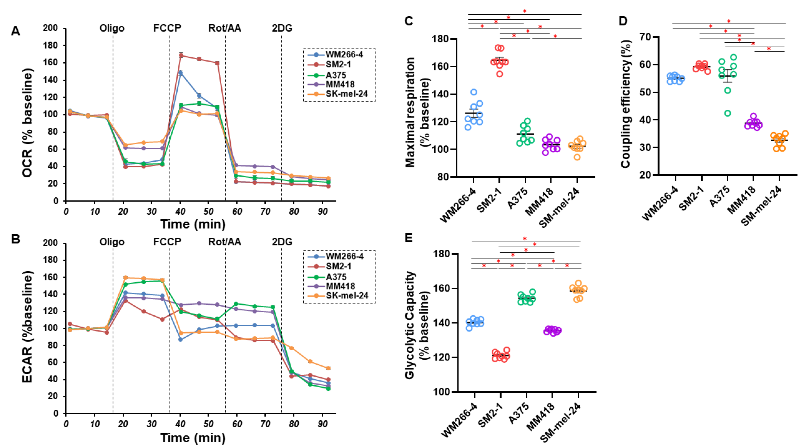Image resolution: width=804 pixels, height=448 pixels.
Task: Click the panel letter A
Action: (x=15, y=31)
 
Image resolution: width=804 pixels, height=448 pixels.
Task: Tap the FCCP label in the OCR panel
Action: (x=167, y=28)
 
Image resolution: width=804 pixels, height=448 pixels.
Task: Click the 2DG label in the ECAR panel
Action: (x=282, y=242)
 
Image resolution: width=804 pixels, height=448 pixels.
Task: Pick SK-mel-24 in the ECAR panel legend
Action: (x=347, y=296)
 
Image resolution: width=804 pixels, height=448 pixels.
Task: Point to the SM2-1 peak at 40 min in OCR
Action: (x=181, y=55)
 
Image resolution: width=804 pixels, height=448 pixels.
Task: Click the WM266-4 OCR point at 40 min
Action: (x=180, y=73)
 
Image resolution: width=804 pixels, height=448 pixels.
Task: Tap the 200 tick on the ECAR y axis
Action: (x=50, y=243)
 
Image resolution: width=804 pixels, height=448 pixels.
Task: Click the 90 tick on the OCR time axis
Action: (x=322, y=211)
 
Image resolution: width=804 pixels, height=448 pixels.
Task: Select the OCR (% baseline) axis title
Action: (x=28, y=123)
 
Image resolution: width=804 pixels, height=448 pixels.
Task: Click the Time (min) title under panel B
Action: (x=193, y=438)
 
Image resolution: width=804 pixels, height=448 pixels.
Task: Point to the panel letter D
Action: (x=623, y=21)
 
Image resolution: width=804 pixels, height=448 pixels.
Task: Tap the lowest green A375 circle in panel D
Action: (x=727, y=113)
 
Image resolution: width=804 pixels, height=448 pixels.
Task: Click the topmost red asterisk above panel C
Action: (x=525, y=11)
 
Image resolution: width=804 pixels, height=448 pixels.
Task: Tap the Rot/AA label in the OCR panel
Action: (x=225, y=28)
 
